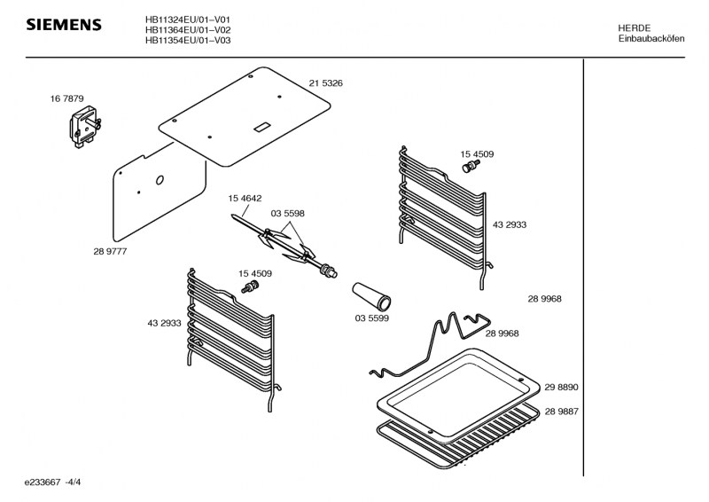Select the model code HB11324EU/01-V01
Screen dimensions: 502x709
click(188, 19)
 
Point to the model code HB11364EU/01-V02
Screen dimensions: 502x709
click(188, 29)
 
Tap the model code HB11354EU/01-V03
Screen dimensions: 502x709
click(188, 40)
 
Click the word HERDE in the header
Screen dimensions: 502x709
click(634, 28)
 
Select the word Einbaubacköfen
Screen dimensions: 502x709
click(651, 39)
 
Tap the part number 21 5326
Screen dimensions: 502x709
click(325, 82)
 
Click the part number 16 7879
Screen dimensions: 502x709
click(66, 98)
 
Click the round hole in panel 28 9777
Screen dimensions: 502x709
click(160, 180)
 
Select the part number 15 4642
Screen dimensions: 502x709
click(245, 199)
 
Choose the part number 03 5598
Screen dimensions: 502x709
click(288, 213)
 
